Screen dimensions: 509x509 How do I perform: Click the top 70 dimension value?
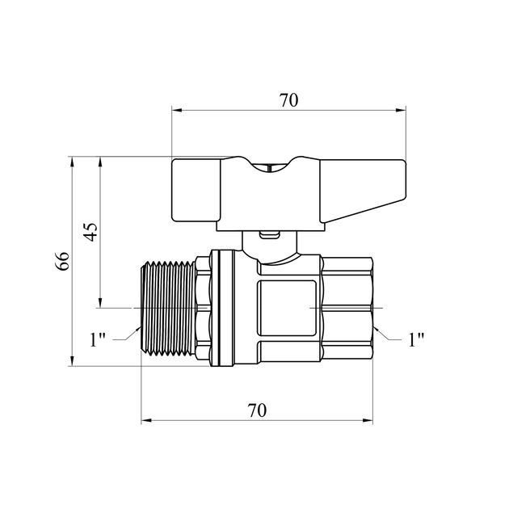point(288,100)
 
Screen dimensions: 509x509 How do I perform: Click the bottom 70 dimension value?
point(257,410)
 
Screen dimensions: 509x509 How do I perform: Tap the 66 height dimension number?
point(62,261)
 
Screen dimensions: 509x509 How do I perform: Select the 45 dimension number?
point(90,232)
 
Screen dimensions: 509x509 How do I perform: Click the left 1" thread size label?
point(98,340)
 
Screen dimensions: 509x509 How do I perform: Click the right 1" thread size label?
point(416,340)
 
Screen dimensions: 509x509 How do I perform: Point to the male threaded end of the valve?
point(169,308)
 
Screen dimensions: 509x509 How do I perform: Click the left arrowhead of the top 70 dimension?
point(177,111)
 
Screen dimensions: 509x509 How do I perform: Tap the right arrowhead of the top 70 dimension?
point(401,111)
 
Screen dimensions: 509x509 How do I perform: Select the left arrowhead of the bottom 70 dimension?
point(146,421)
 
